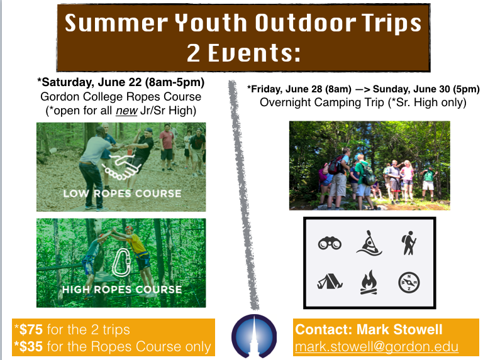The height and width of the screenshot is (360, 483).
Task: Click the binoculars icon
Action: pos(330,243)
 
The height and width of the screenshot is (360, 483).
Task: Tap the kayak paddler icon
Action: pos(369,243)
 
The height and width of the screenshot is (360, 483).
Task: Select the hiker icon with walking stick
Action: pos(409,243)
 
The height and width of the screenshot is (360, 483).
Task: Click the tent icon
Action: pos(330,282)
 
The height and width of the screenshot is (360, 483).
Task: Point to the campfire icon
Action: pos(369,282)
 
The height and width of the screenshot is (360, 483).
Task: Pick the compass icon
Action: pos(409,283)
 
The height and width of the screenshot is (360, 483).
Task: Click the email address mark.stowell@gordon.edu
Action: pos(377,347)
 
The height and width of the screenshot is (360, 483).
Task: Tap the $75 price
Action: pos(31,330)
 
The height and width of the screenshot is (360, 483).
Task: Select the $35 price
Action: pos(31,346)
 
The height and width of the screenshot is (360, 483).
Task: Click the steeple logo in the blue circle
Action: pos(254,336)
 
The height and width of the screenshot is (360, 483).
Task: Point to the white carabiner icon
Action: pos(121,263)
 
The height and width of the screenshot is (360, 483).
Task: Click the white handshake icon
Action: pos(121,166)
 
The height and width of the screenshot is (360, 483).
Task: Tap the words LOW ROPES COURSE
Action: pos(122,194)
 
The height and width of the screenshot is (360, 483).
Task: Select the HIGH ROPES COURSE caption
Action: pos(122,290)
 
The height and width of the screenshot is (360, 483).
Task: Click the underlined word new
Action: pos(126,111)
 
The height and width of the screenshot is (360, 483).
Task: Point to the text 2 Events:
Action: pos(243,53)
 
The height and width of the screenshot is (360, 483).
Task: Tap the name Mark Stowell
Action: pos(399,330)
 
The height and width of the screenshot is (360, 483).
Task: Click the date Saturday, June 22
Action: pos(91,82)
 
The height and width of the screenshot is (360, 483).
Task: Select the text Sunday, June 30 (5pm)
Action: pos(426,89)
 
